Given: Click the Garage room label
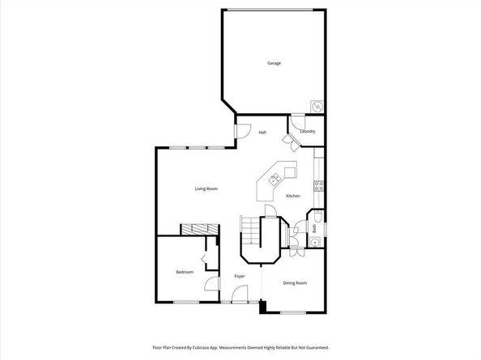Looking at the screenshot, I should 275,63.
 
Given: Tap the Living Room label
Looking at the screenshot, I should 206,188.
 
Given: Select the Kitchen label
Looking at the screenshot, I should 293,197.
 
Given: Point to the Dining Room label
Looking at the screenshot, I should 295,282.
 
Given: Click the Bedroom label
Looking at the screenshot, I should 185,272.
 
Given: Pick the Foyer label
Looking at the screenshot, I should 240,277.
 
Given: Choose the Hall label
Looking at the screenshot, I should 262,132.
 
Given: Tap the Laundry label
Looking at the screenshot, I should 307,131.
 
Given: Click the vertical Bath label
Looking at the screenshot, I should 314,227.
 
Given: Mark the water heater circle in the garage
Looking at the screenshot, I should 318,107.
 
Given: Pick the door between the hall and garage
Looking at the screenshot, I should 239,129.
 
